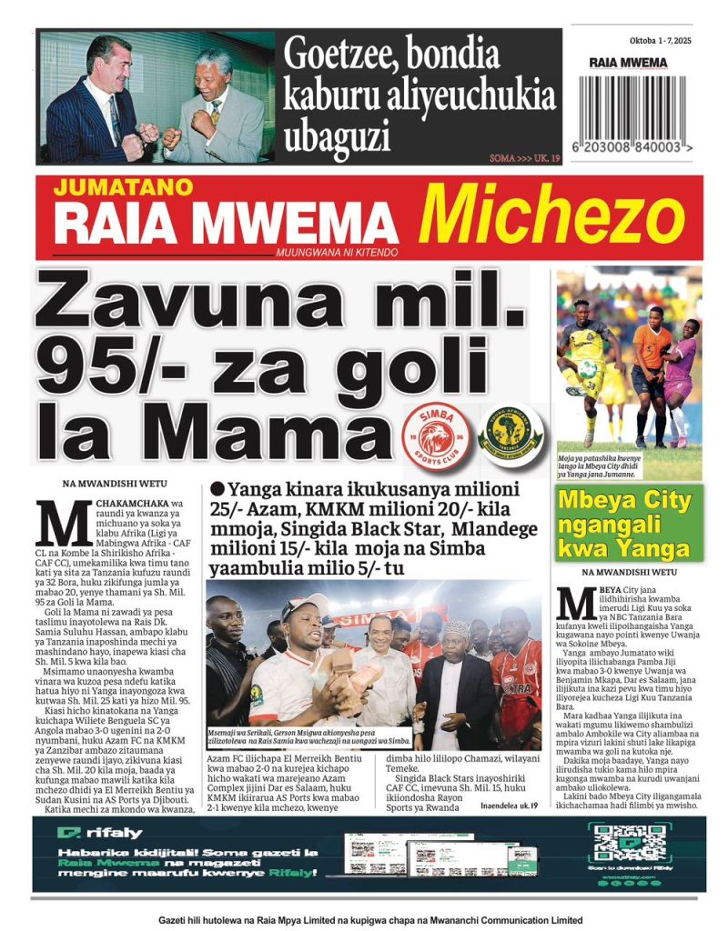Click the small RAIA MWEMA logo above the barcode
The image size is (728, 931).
point(628,63)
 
